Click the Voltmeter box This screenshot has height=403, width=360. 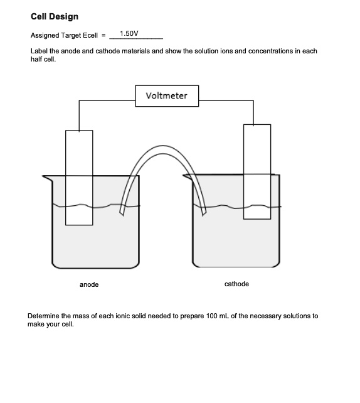click(166, 96)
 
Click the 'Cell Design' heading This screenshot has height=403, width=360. click(55, 16)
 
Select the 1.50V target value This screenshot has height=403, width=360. click(128, 33)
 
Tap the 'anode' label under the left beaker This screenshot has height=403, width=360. click(89, 285)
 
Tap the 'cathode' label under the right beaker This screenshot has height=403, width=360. click(236, 284)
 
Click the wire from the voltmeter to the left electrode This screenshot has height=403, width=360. click(107, 99)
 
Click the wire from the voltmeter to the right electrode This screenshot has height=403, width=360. click(226, 99)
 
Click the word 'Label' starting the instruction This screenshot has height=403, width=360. click(38, 51)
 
